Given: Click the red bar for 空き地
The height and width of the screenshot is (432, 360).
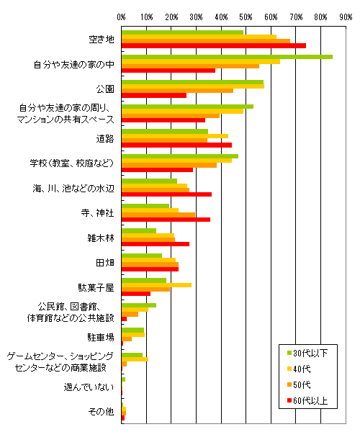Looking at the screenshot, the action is pyautogui.click(x=214, y=46).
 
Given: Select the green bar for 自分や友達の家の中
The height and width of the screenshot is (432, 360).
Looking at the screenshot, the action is pyautogui.click(x=227, y=57).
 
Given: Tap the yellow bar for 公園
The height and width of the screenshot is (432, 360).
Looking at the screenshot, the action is pyautogui.click(x=193, y=86).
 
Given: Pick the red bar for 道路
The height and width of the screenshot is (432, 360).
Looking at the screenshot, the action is pyautogui.click(x=176, y=145).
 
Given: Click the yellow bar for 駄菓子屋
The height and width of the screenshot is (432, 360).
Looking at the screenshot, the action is pyautogui.click(x=156, y=285).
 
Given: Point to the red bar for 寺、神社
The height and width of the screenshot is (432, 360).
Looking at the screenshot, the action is pyautogui.click(x=166, y=220).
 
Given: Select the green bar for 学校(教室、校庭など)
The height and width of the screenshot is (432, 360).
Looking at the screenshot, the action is pyautogui.click(x=180, y=156).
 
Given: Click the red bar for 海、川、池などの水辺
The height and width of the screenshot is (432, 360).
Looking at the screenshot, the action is pyautogui.click(x=166, y=194).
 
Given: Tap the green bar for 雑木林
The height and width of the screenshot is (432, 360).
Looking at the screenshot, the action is pyautogui.click(x=139, y=231).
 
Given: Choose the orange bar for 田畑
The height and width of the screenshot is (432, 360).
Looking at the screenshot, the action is pyautogui.click(x=150, y=264).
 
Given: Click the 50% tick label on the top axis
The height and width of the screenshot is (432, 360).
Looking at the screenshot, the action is pyautogui.click(x=246, y=17).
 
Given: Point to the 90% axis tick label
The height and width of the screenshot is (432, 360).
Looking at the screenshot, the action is pyautogui.click(x=346, y=17).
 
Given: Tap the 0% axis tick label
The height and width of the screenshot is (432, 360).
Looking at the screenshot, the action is pyautogui.click(x=121, y=17).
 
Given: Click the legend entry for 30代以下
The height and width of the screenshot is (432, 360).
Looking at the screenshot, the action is pyautogui.click(x=307, y=353).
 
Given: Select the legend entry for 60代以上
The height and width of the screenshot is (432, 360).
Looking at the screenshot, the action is pyautogui.click(x=307, y=400).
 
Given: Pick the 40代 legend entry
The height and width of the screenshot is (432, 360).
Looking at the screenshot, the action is pyautogui.click(x=299, y=369).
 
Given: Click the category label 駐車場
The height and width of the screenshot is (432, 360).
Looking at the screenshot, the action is pyautogui.click(x=101, y=337).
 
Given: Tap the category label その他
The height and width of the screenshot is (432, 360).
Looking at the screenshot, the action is pyautogui.click(x=101, y=412).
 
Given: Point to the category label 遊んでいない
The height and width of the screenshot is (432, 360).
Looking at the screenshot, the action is pyautogui.click(x=89, y=387).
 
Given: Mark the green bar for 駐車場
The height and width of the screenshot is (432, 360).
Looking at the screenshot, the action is pyautogui.click(x=132, y=330).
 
